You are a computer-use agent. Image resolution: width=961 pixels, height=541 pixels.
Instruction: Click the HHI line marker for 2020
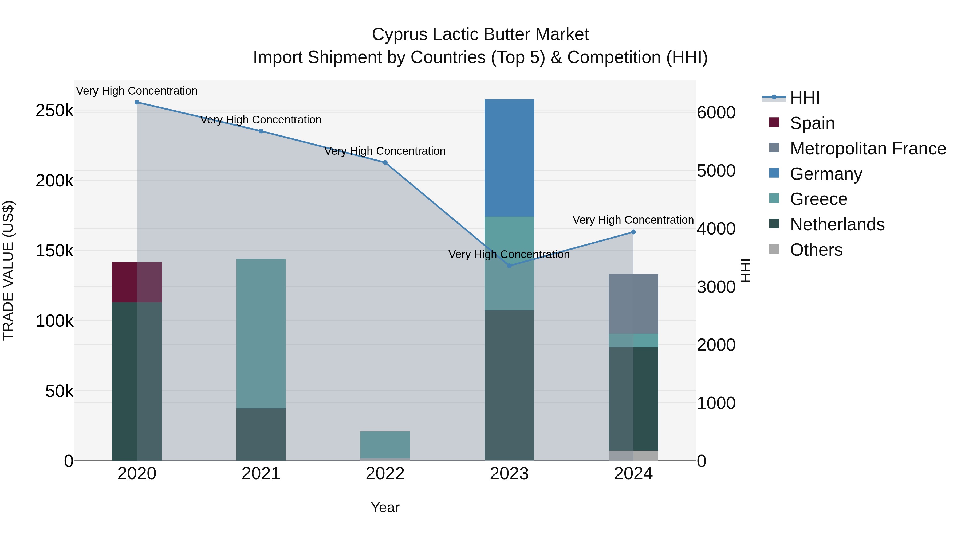pos(137,102)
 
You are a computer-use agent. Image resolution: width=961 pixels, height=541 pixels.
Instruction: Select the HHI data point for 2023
pos(509,266)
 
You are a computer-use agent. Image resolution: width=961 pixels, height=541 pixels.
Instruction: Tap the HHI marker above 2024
pos(633,232)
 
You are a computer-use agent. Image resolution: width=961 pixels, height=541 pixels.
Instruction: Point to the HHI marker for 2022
pos(385,163)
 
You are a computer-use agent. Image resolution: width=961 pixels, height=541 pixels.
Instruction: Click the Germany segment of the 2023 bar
pos(509,158)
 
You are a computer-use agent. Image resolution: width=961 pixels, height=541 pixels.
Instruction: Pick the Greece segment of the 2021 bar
pos(261,333)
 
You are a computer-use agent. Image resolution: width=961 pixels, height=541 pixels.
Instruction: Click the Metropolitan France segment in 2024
pos(633,303)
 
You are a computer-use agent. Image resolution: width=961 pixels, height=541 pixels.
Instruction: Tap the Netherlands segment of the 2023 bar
pos(509,385)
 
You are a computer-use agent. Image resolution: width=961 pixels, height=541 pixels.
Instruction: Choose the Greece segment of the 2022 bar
pos(385,445)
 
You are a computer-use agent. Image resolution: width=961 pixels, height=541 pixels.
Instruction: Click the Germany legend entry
pos(826,174)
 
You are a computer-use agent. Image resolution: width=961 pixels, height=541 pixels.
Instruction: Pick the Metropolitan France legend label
pos(868,149)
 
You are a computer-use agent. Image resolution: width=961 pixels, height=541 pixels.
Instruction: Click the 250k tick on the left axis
pos(54,111)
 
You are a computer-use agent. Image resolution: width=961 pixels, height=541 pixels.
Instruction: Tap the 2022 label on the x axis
pos(385,474)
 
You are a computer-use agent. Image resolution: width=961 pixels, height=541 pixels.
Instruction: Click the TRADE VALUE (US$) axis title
pos(8,270)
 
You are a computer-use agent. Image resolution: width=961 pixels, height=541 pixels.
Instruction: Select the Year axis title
pos(385,507)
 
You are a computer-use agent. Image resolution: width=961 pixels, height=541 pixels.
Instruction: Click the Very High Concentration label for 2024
pos(633,220)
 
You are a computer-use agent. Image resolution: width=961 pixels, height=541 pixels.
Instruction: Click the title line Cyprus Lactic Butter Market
pos(480,34)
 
